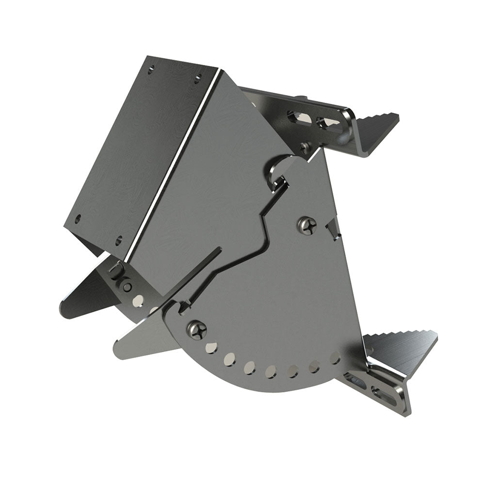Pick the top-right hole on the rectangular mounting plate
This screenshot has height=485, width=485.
click(x=198, y=76)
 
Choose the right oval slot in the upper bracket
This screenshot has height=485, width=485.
click(x=325, y=121)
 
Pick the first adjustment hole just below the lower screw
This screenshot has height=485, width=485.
click(x=211, y=347)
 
